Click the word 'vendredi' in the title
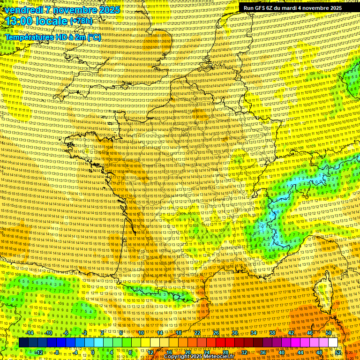[22, 10]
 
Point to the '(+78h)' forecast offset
[81, 21]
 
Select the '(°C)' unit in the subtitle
[94, 37]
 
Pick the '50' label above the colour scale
[328, 333]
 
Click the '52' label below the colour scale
[338, 352]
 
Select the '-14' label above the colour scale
[30, 333]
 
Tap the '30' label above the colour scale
[234, 333]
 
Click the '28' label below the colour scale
[225, 352]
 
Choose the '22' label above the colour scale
[197, 333]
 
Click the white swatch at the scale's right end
[333, 343]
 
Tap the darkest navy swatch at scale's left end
[23, 343]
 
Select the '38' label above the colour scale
[272, 333]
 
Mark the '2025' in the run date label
[336, 8]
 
